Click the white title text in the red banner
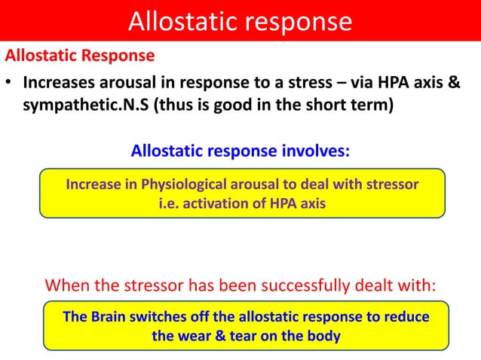(x=240, y=21)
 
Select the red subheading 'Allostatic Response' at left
(x=80, y=56)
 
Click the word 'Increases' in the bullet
(x=58, y=82)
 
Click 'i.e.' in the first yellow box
(x=169, y=203)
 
